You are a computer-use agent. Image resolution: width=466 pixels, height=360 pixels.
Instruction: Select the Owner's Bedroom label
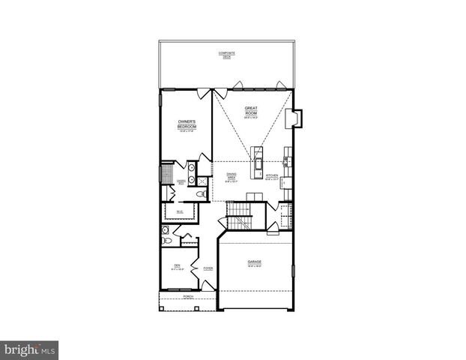[x=187, y=124]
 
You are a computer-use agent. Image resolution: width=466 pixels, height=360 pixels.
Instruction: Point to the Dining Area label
[x=233, y=177]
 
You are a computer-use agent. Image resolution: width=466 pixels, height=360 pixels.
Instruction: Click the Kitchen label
[x=272, y=178]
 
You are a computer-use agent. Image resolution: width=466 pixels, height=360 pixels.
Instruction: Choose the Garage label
[x=255, y=262]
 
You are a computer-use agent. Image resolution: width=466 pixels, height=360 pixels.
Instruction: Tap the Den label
[x=178, y=267]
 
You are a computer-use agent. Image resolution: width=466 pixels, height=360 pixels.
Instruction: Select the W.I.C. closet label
[x=180, y=212]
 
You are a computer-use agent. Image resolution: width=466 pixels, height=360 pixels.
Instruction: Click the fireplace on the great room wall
[x=297, y=119]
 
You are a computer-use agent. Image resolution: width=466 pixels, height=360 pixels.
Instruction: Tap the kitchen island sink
[x=258, y=162]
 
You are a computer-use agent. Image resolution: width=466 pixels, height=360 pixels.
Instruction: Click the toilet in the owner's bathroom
[x=200, y=193]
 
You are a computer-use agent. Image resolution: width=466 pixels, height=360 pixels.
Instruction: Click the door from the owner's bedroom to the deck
[x=204, y=93]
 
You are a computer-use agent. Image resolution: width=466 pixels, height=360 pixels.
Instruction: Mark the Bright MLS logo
[x=30, y=349]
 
